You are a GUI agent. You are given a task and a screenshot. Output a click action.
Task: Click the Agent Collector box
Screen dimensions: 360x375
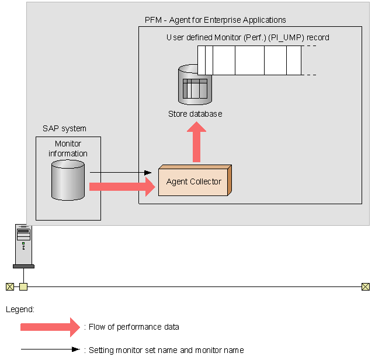click(194, 181)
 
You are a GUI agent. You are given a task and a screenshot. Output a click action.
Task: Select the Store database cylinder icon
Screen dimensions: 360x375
click(195, 85)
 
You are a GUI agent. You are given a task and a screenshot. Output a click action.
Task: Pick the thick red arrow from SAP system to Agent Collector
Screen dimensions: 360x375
click(123, 187)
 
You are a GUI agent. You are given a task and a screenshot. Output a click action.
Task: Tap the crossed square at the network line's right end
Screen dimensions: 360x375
click(365, 286)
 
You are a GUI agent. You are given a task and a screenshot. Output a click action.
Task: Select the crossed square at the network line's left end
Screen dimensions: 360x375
click(9, 286)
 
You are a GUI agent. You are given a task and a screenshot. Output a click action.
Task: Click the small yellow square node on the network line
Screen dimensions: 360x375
click(23, 286)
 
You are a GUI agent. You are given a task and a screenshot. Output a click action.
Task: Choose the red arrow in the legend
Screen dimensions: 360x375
click(50, 327)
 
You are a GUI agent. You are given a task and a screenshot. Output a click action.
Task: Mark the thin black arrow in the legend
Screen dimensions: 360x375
click(50, 350)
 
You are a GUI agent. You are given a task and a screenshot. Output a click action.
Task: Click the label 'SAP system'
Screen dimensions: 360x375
click(64, 128)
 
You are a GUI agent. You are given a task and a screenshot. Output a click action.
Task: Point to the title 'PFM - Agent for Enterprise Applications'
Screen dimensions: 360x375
click(215, 20)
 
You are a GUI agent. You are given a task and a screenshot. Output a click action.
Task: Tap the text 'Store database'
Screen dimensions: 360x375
click(195, 114)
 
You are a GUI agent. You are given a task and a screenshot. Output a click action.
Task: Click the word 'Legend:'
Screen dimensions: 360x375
click(20, 309)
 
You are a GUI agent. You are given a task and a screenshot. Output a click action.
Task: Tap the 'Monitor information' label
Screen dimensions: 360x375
click(68, 149)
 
